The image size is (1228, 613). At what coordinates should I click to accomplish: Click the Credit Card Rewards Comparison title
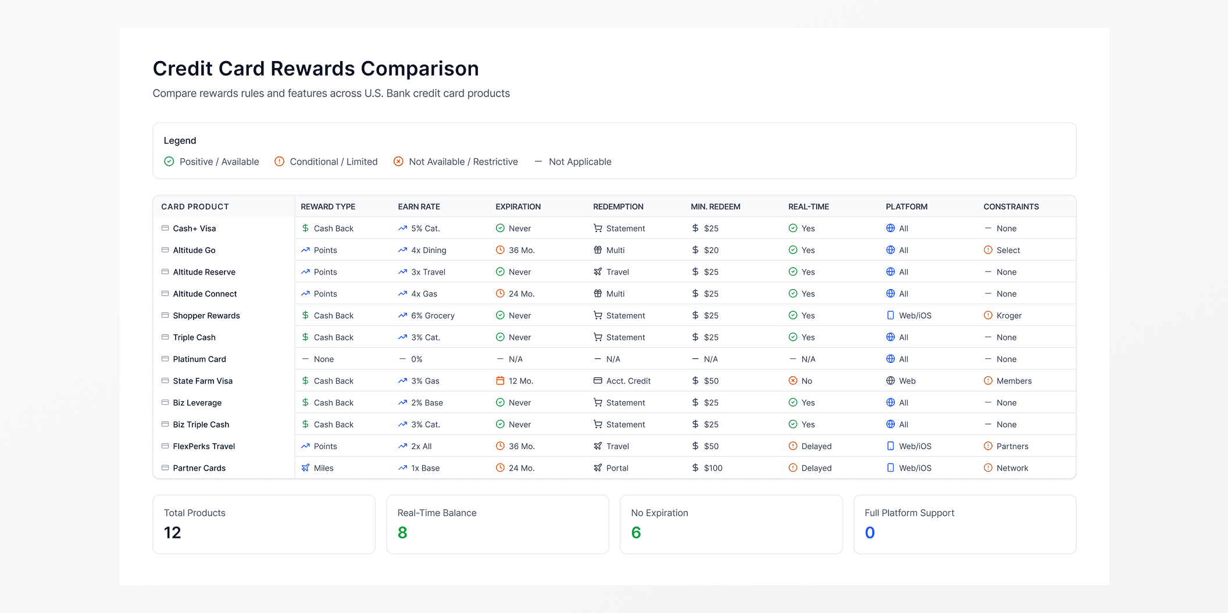pos(316,69)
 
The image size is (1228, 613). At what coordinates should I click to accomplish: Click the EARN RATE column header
pos(419,206)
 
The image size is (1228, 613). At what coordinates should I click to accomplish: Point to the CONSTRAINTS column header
pos(1011,206)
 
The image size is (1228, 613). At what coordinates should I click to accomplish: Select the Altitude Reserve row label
pos(204,272)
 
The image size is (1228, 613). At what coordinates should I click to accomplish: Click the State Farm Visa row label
pos(202,381)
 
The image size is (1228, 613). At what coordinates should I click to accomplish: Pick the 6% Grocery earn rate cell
pos(433,316)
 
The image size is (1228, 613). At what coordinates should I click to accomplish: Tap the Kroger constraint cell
pos(1009,316)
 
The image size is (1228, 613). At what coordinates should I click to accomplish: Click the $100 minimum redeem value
pos(713,468)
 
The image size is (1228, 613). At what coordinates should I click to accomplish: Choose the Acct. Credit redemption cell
pos(628,381)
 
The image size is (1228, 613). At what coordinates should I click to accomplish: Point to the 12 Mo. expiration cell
pos(520,381)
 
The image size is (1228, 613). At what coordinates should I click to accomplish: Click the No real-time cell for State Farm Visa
pos(806,381)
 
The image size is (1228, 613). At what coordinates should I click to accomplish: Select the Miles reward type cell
pos(323,468)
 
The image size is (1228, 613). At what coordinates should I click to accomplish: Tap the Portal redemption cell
pos(617,468)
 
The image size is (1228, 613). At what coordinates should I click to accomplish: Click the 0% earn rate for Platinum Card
pos(416,359)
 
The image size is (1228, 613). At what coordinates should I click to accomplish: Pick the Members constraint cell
pos(1014,381)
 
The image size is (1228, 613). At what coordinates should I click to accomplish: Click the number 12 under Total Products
pos(173,533)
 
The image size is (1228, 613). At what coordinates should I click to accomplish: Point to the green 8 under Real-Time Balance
pos(402,533)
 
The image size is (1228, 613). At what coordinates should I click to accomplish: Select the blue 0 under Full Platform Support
pos(870,533)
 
